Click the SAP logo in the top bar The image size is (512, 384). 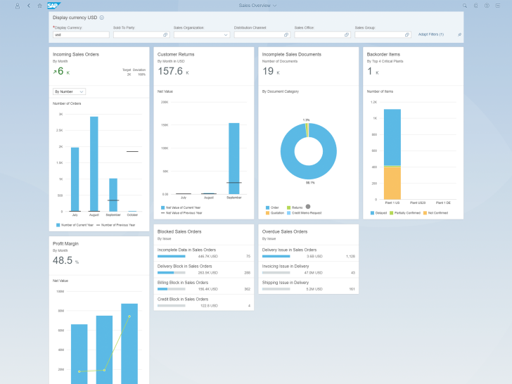(53, 5)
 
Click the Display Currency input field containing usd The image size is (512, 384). (81, 34)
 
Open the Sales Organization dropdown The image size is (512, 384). (202, 34)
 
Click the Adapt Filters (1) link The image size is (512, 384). (430, 34)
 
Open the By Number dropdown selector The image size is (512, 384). (69, 91)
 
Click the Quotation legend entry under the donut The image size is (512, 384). (277, 212)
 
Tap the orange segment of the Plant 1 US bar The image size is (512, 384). (392, 183)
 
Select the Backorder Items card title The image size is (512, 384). (383, 54)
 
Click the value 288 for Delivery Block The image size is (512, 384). (247, 272)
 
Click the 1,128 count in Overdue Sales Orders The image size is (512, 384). (350, 256)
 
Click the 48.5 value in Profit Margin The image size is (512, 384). (63, 260)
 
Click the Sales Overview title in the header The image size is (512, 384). (255, 5)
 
